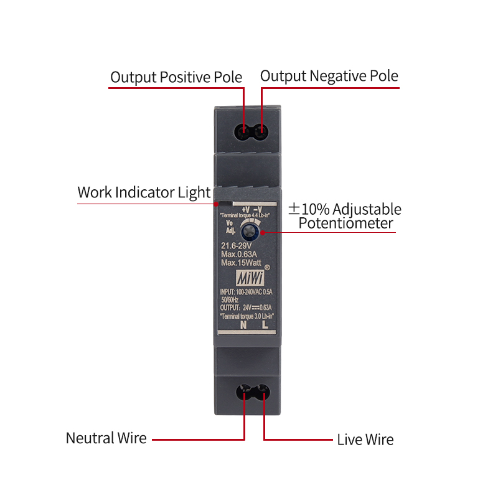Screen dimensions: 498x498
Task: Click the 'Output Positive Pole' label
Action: [176, 77]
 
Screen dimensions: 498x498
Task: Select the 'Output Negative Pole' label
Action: [329, 76]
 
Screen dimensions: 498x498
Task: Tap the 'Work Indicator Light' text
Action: [144, 192]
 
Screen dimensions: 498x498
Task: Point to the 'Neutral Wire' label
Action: [106, 438]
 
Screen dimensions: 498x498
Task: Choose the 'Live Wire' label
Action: [365, 439]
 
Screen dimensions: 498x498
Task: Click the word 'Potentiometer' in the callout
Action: [346, 223]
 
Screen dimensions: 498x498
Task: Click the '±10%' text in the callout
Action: [303, 209]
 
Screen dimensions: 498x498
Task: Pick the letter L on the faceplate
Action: [265, 324]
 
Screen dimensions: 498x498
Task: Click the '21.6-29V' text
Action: [240, 247]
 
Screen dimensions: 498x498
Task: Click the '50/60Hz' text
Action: [230, 299]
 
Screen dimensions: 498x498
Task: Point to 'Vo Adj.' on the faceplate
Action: [229, 227]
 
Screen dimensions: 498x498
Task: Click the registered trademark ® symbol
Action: [267, 267]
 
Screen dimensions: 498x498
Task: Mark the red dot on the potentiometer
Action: [263, 233]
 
